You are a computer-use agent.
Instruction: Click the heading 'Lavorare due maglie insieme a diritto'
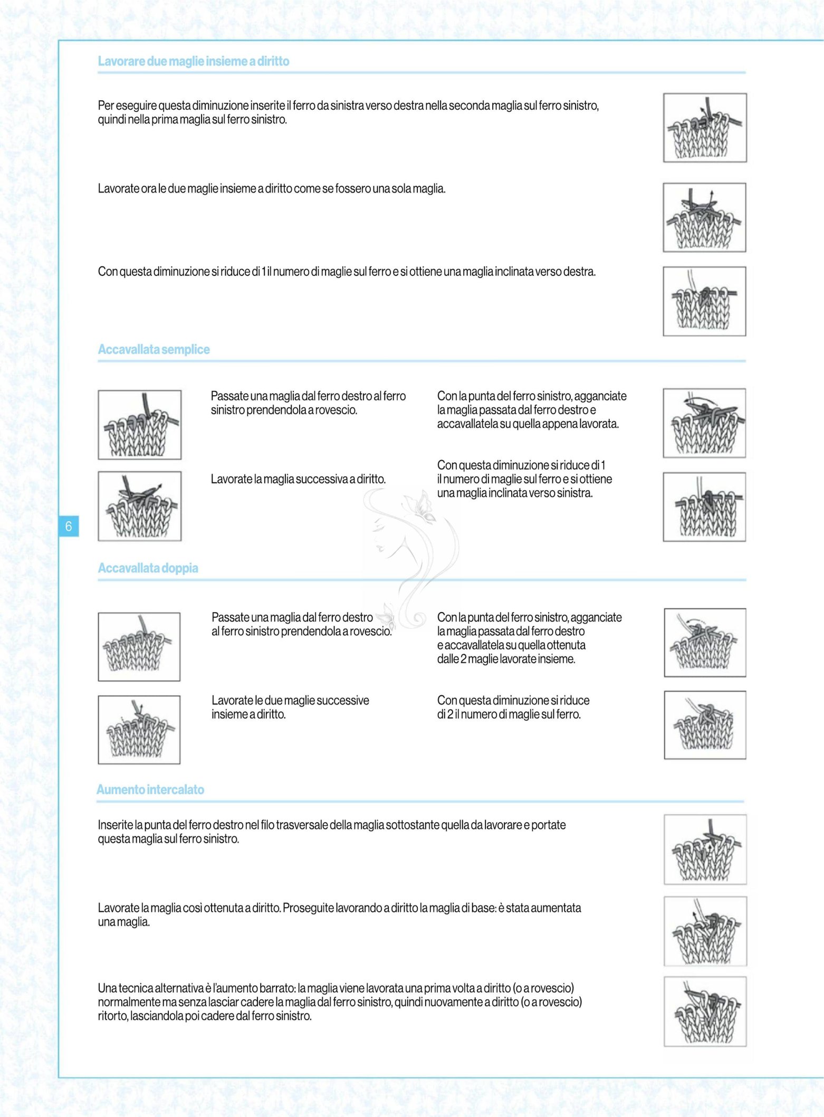(194, 61)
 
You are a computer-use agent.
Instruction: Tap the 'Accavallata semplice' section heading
(154, 349)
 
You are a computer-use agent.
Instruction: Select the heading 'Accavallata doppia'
(148, 568)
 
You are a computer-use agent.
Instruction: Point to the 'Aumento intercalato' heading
(150, 789)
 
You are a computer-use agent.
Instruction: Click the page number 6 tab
(69, 526)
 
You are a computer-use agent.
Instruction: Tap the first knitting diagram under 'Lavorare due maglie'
(705, 128)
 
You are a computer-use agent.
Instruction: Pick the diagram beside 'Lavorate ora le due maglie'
(704, 217)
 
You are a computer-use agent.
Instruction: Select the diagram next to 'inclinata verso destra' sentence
(704, 301)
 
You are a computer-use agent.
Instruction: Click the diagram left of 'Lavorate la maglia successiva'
(140, 506)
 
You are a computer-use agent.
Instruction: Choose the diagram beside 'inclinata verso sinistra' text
(704, 507)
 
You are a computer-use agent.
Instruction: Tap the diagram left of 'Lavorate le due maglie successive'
(139, 730)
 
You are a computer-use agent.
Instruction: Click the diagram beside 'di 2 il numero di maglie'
(705, 725)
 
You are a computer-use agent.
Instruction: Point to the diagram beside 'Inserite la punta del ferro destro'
(705, 849)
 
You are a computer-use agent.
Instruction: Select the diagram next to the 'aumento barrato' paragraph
(705, 1011)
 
